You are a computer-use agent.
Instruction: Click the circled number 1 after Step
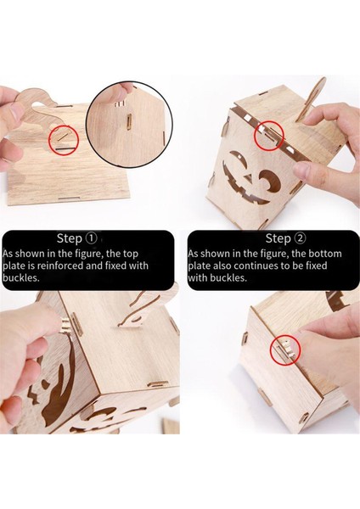click(91, 238)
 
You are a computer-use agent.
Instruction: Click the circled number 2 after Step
click(300, 238)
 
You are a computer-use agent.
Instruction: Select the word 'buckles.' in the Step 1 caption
click(20, 278)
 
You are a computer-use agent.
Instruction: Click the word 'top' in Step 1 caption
click(130, 254)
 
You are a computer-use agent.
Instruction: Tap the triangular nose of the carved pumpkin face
click(249, 177)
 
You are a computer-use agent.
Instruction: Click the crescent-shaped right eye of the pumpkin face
click(269, 182)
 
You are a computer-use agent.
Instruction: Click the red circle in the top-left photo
click(64, 140)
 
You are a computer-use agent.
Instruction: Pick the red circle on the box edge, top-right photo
click(269, 135)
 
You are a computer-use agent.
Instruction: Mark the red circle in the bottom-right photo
click(285, 350)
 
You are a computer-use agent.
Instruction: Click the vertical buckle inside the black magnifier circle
click(129, 122)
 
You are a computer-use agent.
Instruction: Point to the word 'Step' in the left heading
click(70, 239)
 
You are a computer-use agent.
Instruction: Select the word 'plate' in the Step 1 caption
click(14, 266)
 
